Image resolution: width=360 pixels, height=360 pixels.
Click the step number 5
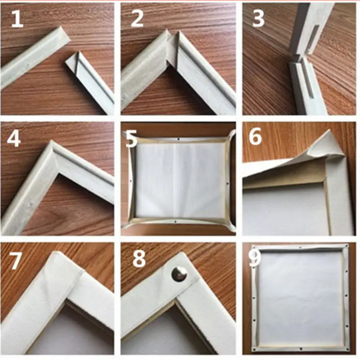coord(131,139)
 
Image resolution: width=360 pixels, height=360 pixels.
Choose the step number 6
coord(255,137)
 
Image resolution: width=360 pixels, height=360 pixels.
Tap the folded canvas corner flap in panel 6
coord(324,142)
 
